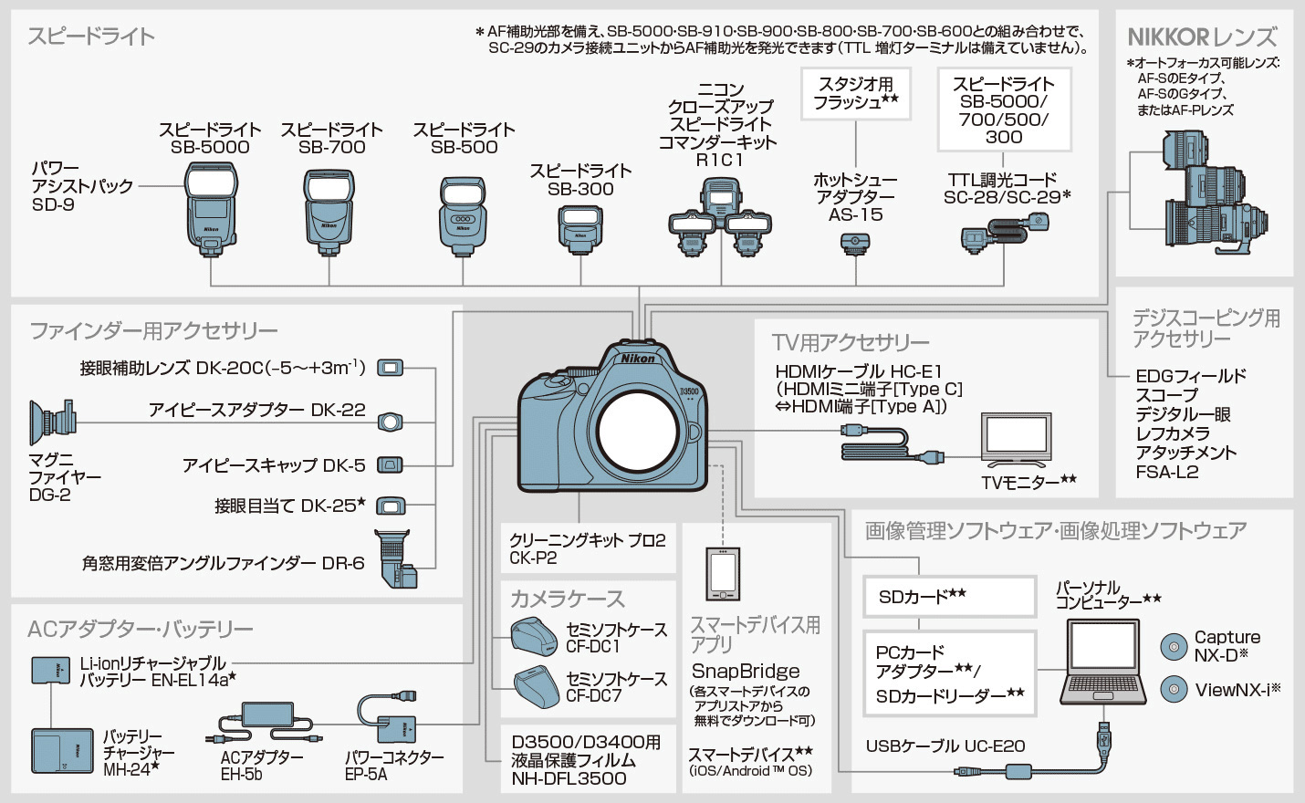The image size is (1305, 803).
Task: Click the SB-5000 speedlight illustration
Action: pos(211,208)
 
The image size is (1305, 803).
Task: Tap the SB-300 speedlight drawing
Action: pos(580,227)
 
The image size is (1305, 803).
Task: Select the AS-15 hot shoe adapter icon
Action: pos(855,244)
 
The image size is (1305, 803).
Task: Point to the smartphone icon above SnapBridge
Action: pos(723,574)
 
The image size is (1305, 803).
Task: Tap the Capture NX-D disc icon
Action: pos(1174,646)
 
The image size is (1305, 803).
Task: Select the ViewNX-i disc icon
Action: pos(1174,689)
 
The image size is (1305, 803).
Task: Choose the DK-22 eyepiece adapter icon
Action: pos(391,422)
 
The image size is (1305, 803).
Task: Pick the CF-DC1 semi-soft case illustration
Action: pos(534,636)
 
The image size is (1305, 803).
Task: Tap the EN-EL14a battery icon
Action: pos(50,670)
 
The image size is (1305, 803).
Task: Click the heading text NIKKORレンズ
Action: pos(1202,37)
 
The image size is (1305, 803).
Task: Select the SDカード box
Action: pos(949,597)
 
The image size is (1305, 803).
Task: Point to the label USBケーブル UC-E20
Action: pos(945,746)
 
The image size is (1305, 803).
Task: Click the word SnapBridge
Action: pos(746,671)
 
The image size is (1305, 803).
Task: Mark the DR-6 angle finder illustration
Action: pos(395,558)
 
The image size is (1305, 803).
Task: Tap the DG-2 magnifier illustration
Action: pos(52,421)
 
